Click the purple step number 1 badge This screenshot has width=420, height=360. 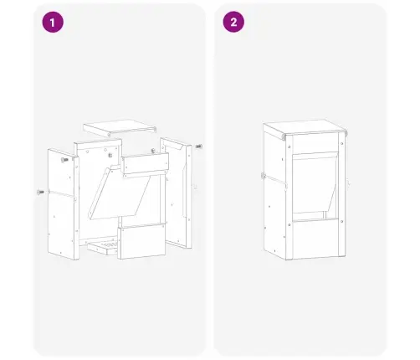pyautogui.click(x=53, y=22)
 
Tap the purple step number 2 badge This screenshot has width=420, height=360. pyautogui.click(x=233, y=22)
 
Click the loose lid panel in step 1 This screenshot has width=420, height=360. pyautogui.click(x=120, y=128)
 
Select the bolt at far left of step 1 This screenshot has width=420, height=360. pyautogui.click(x=40, y=192)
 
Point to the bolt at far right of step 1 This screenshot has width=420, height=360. pyautogui.click(x=199, y=147)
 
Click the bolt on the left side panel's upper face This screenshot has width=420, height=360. pyautogui.click(x=64, y=160)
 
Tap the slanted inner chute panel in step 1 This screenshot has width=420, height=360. pyautogui.click(x=120, y=193)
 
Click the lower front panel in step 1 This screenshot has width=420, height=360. pyautogui.click(x=141, y=242)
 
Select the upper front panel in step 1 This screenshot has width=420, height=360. pyautogui.click(x=145, y=164)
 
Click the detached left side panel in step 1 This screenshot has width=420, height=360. pyautogui.click(x=64, y=204)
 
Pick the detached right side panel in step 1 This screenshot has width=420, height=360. pyautogui.click(x=177, y=193)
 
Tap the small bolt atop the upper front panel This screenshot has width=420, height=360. pyautogui.click(x=153, y=151)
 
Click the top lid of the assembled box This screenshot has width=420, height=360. pyautogui.click(x=305, y=127)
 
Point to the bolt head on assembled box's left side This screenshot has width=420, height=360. pyautogui.click(x=263, y=176)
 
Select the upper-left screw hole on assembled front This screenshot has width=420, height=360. pyautogui.click(x=289, y=147)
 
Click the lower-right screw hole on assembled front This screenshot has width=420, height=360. pyautogui.click(x=342, y=222)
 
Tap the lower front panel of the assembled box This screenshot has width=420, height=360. pyautogui.click(x=315, y=239)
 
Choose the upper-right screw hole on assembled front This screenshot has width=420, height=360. pyautogui.click(x=342, y=144)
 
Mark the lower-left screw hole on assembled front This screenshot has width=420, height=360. pyautogui.click(x=289, y=224)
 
